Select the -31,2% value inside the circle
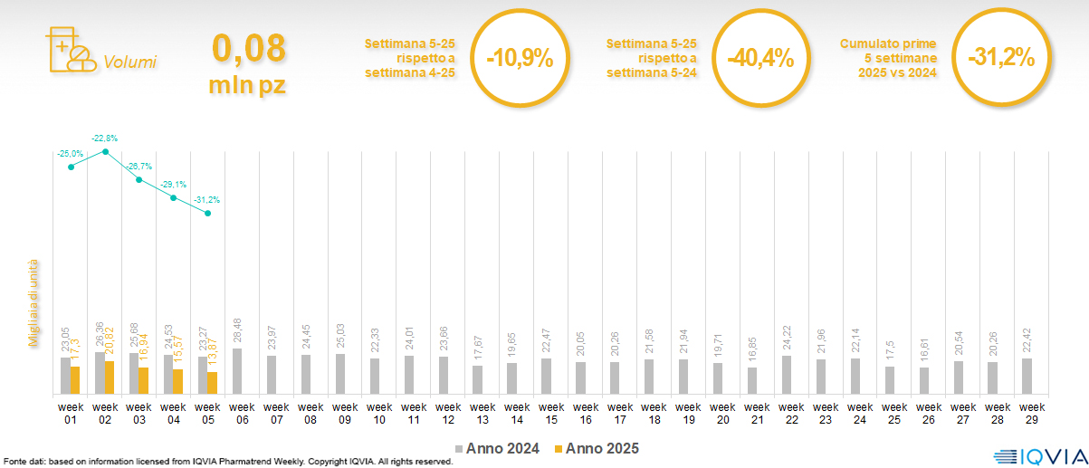[1000, 58]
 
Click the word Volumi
[130, 62]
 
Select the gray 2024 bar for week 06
[237, 371]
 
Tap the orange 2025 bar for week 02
[110, 377]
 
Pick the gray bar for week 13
[478, 379]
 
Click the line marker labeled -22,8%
[105, 151]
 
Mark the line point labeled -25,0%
[71, 167]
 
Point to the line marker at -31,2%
[208, 214]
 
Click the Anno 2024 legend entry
[499, 448]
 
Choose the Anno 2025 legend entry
[597, 448]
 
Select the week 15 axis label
[546, 413]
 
